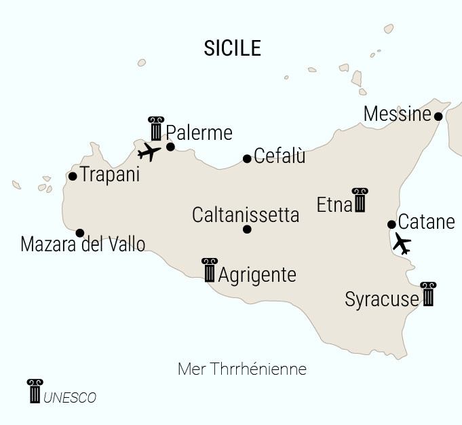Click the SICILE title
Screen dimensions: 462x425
pos(232,48)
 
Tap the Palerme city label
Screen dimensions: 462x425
pos(199,132)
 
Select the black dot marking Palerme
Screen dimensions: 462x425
pos(170,147)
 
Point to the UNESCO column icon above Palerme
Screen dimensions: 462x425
pos(156,128)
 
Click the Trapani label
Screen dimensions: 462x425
pos(110,174)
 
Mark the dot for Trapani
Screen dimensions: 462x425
pos(73,177)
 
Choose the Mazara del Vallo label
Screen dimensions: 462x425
pos(83,244)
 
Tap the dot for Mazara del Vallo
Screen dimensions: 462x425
pos(80,233)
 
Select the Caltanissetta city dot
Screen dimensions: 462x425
pos(247,229)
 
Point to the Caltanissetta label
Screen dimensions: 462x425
pos(246,215)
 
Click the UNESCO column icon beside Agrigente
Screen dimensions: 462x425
pos(210,270)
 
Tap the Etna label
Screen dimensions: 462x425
pos(334,204)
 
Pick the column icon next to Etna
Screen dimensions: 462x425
pos(359,200)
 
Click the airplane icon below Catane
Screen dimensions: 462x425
pos(402,242)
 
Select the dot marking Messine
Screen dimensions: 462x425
pos(438,117)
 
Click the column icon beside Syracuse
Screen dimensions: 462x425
pos(427,294)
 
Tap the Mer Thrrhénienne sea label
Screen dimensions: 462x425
pos(242,369)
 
